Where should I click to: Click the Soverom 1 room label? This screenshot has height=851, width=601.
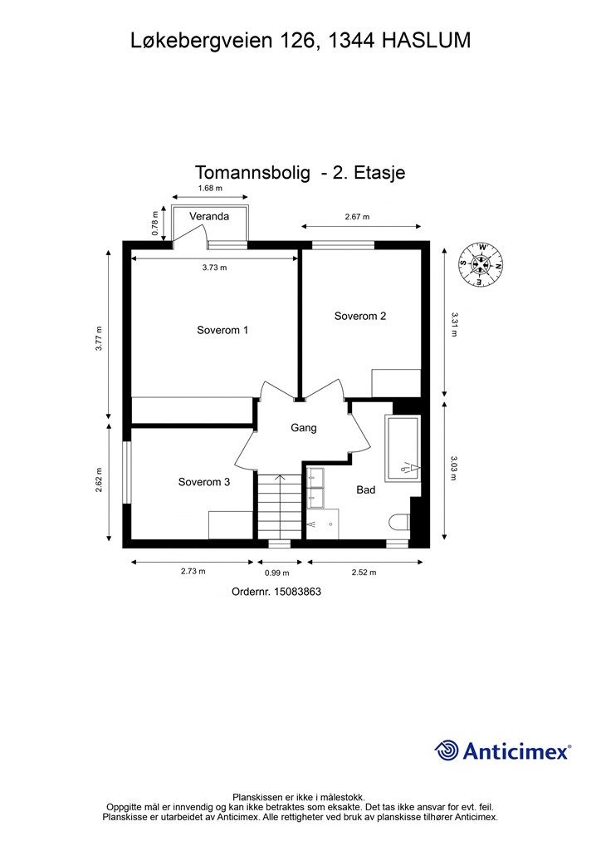coord(222,330)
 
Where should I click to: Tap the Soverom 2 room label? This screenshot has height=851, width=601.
coord(359,316)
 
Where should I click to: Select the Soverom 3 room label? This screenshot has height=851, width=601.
coord(204,482)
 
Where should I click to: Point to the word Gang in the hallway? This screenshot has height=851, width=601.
coord(304,428)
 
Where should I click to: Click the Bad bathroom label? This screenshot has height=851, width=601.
coord(366,490)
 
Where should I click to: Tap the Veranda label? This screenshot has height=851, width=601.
coord(209,216)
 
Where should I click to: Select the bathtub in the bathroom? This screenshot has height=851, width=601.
coord(402,448)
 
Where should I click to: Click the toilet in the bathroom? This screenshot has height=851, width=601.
coord(400,522)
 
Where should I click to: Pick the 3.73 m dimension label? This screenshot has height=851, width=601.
coord(215,268)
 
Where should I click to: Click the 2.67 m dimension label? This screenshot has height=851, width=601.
coord(357,217)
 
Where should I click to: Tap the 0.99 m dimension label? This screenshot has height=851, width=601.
coord(277,573)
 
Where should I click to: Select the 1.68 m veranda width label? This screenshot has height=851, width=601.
coord(210,189)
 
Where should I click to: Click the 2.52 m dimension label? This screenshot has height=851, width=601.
coord(364,572)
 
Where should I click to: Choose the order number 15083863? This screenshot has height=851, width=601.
coord(298,592)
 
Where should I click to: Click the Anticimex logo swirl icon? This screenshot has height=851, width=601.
coord(447,750)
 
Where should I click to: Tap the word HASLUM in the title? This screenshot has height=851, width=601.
coord(427,41)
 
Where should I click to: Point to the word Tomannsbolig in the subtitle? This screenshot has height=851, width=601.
coord(252,173)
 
